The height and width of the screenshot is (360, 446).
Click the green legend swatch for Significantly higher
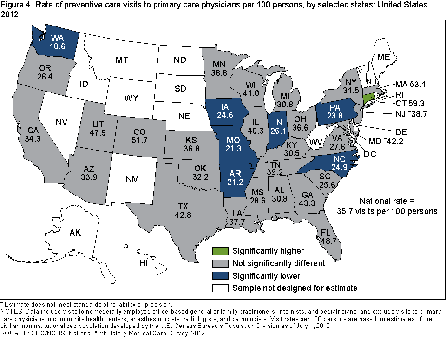click(220, 251)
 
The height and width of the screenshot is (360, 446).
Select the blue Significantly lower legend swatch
click(220, 275)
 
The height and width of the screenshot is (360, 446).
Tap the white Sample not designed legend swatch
click(220, 288)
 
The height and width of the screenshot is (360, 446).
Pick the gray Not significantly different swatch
click(220, 263)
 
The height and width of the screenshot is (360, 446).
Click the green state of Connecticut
click(368, 98)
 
